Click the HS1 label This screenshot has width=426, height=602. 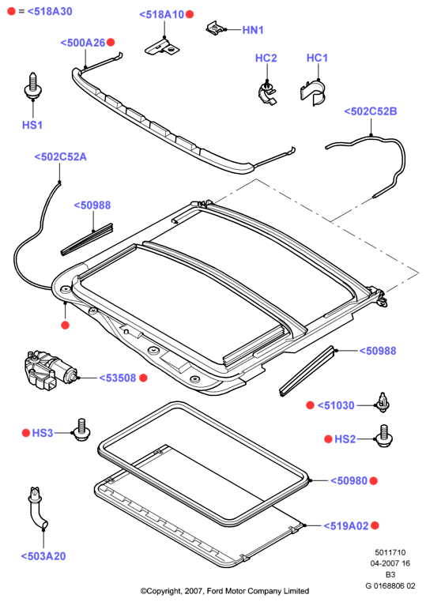click(x=32, y=125)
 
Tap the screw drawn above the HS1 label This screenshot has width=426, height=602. click(x=32, y=86)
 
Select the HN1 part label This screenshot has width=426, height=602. click(x=253, y=30)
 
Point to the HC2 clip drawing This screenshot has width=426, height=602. click(x=267, y=92)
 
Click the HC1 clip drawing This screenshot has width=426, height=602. click(x=313, y=92)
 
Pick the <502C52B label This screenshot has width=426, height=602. click(x=371, y=111)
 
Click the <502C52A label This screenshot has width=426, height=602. click(x=60, y=156)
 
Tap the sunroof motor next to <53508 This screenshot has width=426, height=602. click(x=51, y=370)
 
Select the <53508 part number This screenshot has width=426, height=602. click(x=118, y=378)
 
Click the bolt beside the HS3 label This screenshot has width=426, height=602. click(x=81, y=430)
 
